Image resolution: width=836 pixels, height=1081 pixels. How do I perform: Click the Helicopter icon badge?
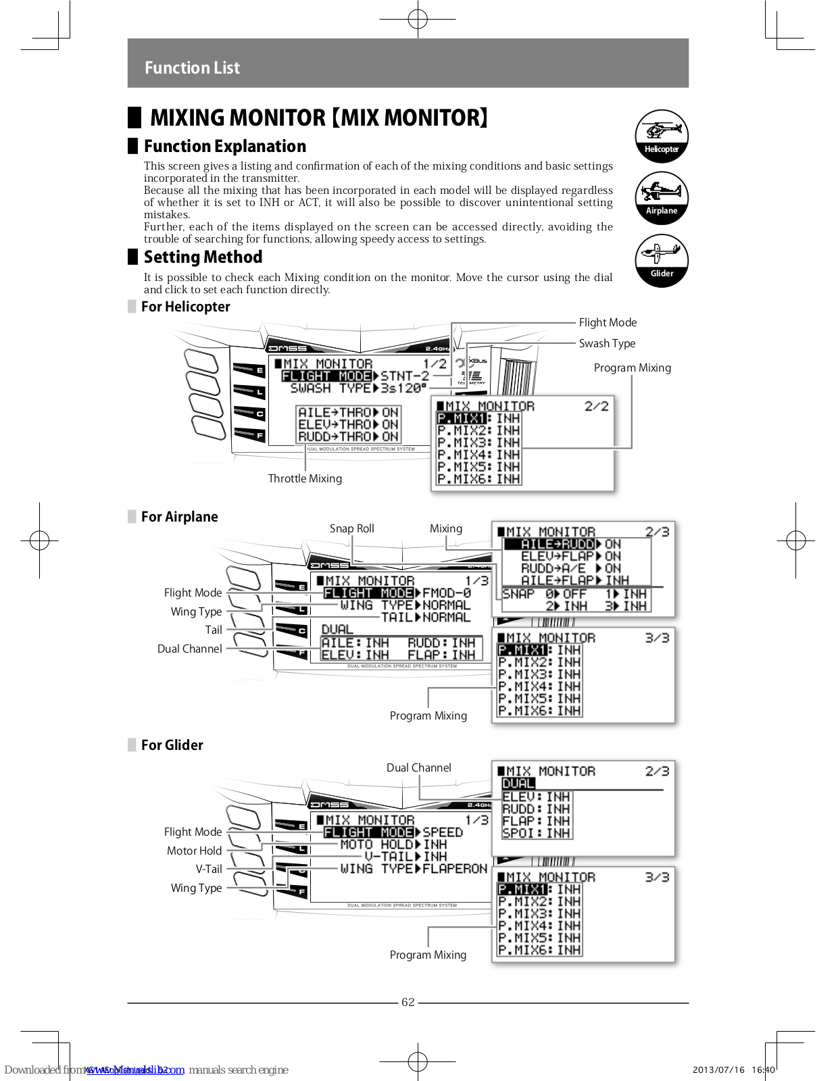(x=661, y=136)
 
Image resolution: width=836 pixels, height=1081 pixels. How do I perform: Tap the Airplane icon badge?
(x=661, y=198)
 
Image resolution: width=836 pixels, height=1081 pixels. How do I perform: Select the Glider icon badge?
(x=661, y=260)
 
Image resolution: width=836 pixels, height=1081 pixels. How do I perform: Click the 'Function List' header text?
(x=192, y=68)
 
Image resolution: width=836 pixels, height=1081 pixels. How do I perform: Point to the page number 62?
(x=408, y=1002)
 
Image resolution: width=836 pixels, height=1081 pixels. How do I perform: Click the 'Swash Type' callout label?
(x=607, y=343)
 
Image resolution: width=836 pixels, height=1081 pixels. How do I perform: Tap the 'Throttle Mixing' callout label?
(x=305, y=478)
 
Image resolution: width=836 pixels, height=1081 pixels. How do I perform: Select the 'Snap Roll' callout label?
(x=351, y=528)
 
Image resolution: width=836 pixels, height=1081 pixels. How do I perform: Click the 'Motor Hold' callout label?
(x=194, y=851)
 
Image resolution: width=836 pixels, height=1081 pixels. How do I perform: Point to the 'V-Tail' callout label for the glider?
(x=209, y=869)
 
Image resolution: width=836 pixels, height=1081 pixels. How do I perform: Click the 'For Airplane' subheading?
(x=179, y=517)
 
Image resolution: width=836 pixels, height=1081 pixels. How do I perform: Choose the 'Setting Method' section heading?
(x=203, y=257)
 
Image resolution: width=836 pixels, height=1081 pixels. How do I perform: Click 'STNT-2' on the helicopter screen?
(x=405, y=376)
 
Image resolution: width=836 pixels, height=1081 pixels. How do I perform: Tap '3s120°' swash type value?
(x=403, y=388)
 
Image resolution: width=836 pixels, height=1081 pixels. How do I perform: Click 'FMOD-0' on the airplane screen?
(x=447, y=593)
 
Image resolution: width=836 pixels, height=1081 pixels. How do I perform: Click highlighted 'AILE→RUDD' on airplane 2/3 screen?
(x=557, y=544)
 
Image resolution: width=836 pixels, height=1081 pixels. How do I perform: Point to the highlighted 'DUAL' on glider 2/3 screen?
(x=518, y=784)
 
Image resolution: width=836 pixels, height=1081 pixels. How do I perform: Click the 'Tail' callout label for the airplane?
(x=214, y=630)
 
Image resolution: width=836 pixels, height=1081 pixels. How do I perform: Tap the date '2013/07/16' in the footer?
(x=718, y=1070)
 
